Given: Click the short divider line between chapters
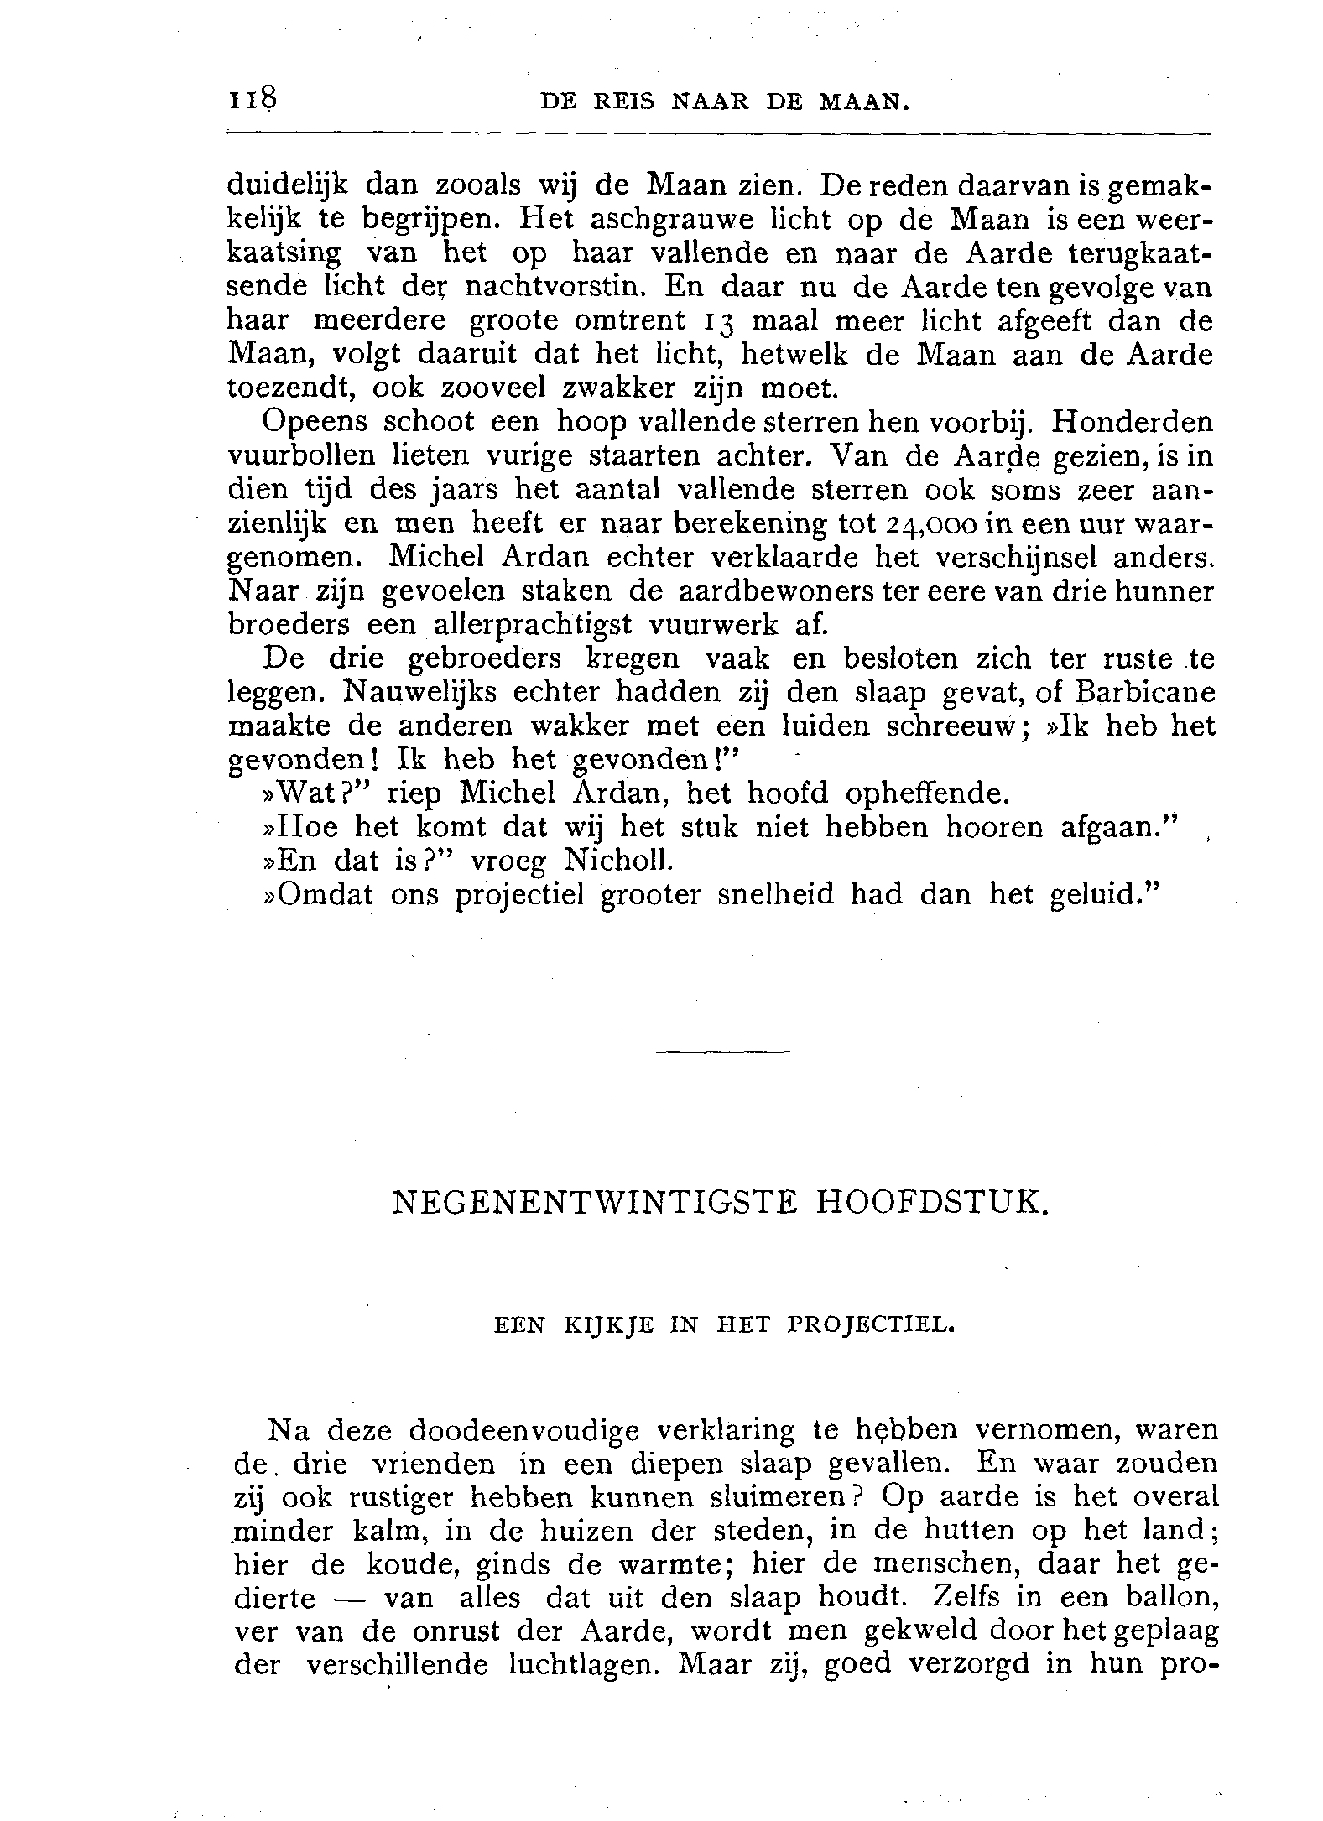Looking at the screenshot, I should click(x=722, y=1051).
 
